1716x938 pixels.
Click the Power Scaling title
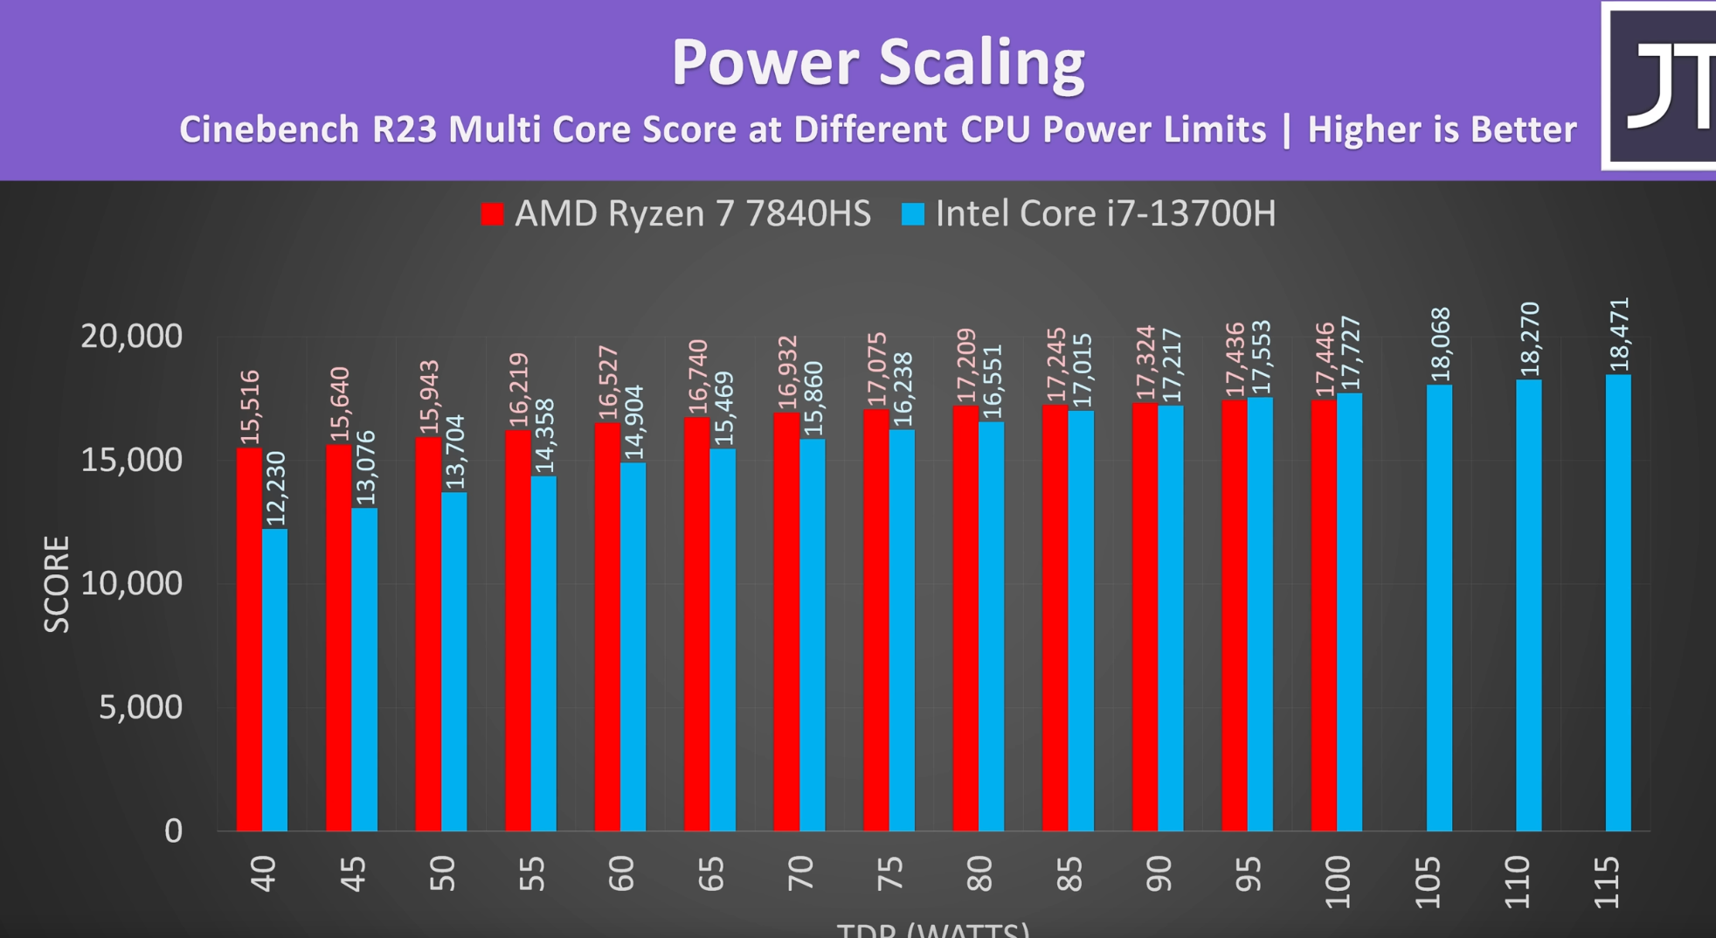[x=877, y=63]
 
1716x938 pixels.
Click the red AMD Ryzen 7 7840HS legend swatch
[x=492, y=214]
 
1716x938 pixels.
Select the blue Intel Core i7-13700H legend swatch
[x=912, y=214]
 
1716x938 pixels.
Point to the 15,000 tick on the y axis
[x=131, y=460]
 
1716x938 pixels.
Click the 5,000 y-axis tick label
[x=140, y=707]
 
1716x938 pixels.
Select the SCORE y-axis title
[x=57, y=584]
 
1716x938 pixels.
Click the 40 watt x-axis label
[x=263, y=873]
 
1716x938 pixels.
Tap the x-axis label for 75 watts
[x=889, y=873]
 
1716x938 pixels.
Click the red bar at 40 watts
[x=249, y=638]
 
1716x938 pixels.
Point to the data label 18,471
[x=1619, y=334]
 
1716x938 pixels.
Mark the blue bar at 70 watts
[x=813, y=635]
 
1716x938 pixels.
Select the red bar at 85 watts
[x=1055, y=617]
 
